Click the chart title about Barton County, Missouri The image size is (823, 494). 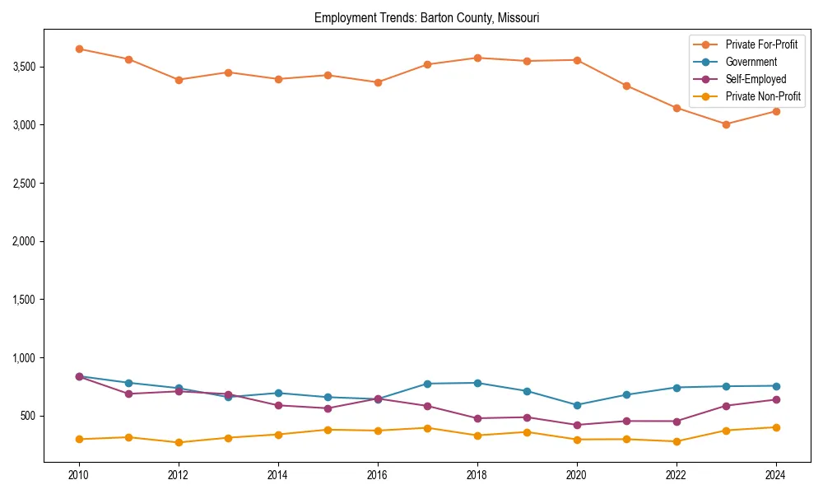tap(426, 17)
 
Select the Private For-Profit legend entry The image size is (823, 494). tap(761, 44)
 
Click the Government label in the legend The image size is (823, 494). tap(751, 62)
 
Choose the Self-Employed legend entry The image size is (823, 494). tap(756, 79)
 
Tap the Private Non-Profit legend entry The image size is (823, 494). tap(763, 96)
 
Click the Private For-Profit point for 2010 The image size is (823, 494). tap(79, 49)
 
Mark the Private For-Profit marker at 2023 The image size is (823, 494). tap(726, 124)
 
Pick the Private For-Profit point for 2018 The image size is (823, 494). tap(477, 58)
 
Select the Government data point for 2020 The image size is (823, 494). tap(577, 405)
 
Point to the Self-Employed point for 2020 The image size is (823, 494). tap(577, 425)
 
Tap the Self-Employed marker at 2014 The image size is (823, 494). tap(278, 405)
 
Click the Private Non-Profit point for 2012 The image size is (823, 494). tap(179, 442)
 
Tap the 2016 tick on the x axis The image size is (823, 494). tap(378, 475)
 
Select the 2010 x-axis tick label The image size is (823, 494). tap(79, 475)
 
